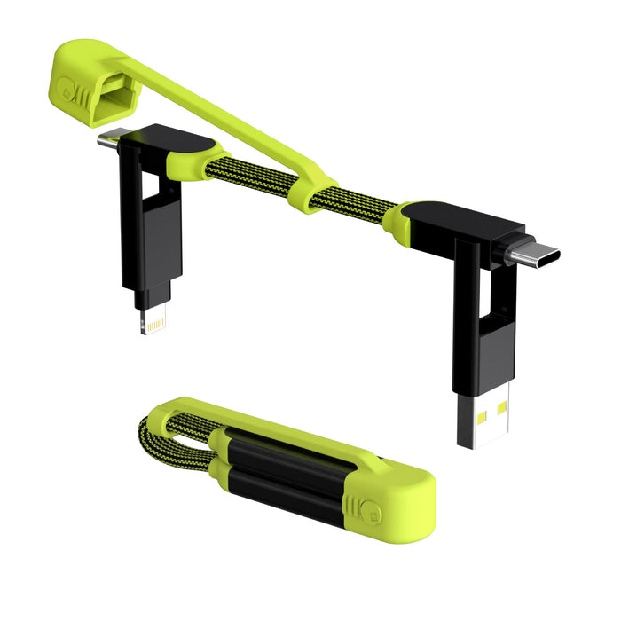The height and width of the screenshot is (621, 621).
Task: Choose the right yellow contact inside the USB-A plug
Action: click(501, 409)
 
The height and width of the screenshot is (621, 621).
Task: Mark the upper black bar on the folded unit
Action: click(284, 452)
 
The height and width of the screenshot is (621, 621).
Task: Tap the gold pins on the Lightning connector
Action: click(154, 324)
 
